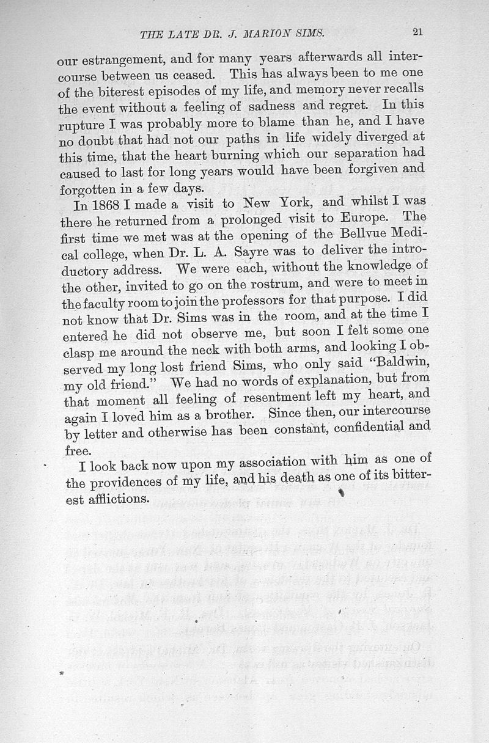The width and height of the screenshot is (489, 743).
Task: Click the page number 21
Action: pyautogui.click(x=417, y=33)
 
